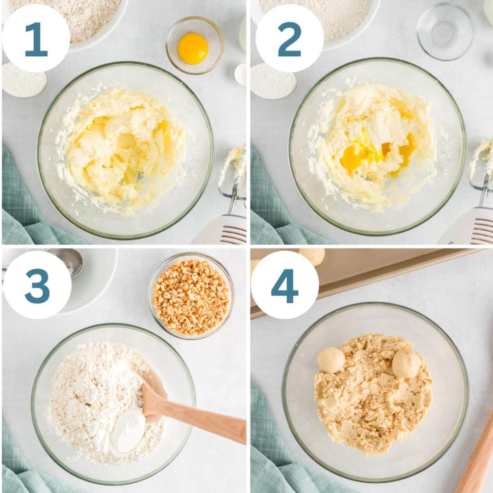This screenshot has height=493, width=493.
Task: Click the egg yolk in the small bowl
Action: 193,48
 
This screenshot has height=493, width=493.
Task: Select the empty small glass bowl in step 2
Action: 445,31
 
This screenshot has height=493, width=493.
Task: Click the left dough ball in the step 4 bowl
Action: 331,360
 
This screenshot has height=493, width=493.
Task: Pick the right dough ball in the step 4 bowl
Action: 406,363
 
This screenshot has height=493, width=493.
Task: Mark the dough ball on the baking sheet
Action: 311,256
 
